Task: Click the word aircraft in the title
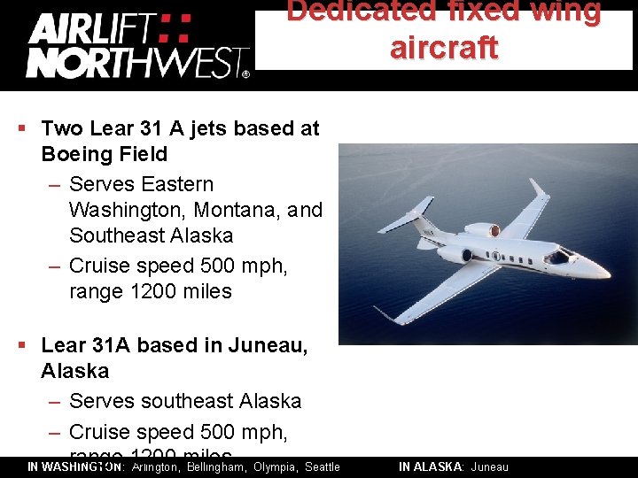(444, 48)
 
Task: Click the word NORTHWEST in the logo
(133, 64)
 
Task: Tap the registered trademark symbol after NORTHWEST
(245, 75)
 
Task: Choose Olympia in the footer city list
(276, 466)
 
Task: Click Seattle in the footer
(323, 466)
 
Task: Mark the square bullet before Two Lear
(22, 128)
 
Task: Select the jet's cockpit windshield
(558, 257)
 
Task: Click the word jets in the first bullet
(203, 128)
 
